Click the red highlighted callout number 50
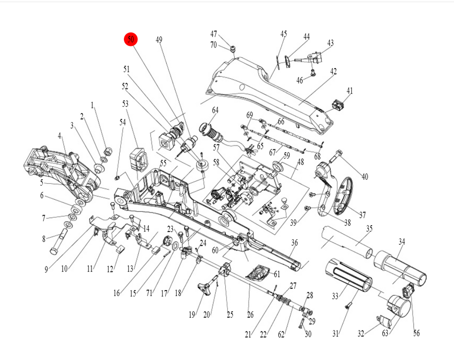coord(131,40)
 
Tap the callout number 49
coord(159,40)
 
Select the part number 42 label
coord(334,71)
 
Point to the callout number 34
coord(402,242)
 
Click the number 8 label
coord(44,239)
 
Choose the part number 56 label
coord(416,333)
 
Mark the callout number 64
coord(215,110)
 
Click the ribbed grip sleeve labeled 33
coord(348,275)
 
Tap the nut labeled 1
coord(108,150)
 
